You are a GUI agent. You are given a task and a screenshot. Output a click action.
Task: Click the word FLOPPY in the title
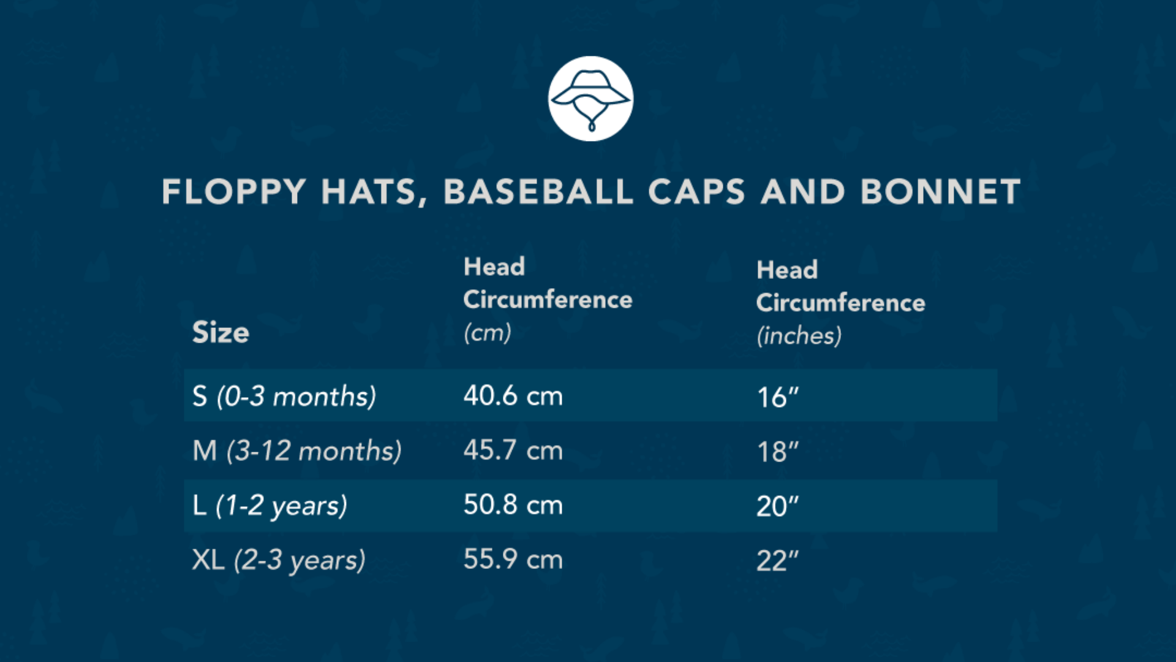(234, 192)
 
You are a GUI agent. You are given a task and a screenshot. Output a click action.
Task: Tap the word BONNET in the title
(941, 192)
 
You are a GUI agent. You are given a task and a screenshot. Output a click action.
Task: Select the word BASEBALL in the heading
(538, 192)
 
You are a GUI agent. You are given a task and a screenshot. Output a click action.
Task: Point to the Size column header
(221, 332)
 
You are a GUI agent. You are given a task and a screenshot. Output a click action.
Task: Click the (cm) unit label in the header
(487, 333)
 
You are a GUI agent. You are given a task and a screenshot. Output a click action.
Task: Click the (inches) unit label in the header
(799, 336)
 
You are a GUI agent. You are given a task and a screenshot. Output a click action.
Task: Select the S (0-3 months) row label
(284, 397)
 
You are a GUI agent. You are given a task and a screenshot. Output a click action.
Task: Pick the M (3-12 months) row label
(297, 451)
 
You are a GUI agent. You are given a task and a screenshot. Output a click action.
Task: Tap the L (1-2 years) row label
(269, 506)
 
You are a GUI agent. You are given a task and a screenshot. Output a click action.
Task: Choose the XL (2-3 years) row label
(279, 560)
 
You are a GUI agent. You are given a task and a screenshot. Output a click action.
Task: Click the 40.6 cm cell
(513, 396)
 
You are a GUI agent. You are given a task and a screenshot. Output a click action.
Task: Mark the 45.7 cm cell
(513, 451)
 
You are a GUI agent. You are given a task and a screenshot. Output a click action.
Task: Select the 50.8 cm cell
(513, 505)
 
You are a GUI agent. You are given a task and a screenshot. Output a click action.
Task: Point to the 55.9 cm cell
(513, 560)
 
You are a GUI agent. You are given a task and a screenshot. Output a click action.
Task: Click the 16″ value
(778, 397)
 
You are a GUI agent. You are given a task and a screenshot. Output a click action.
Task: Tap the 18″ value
(778, 452)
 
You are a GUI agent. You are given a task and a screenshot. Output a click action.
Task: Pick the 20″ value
(778, 506)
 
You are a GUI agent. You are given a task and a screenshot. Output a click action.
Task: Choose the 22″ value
(778, 561)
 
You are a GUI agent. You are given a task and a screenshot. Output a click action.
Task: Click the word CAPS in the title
(696, 192)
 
